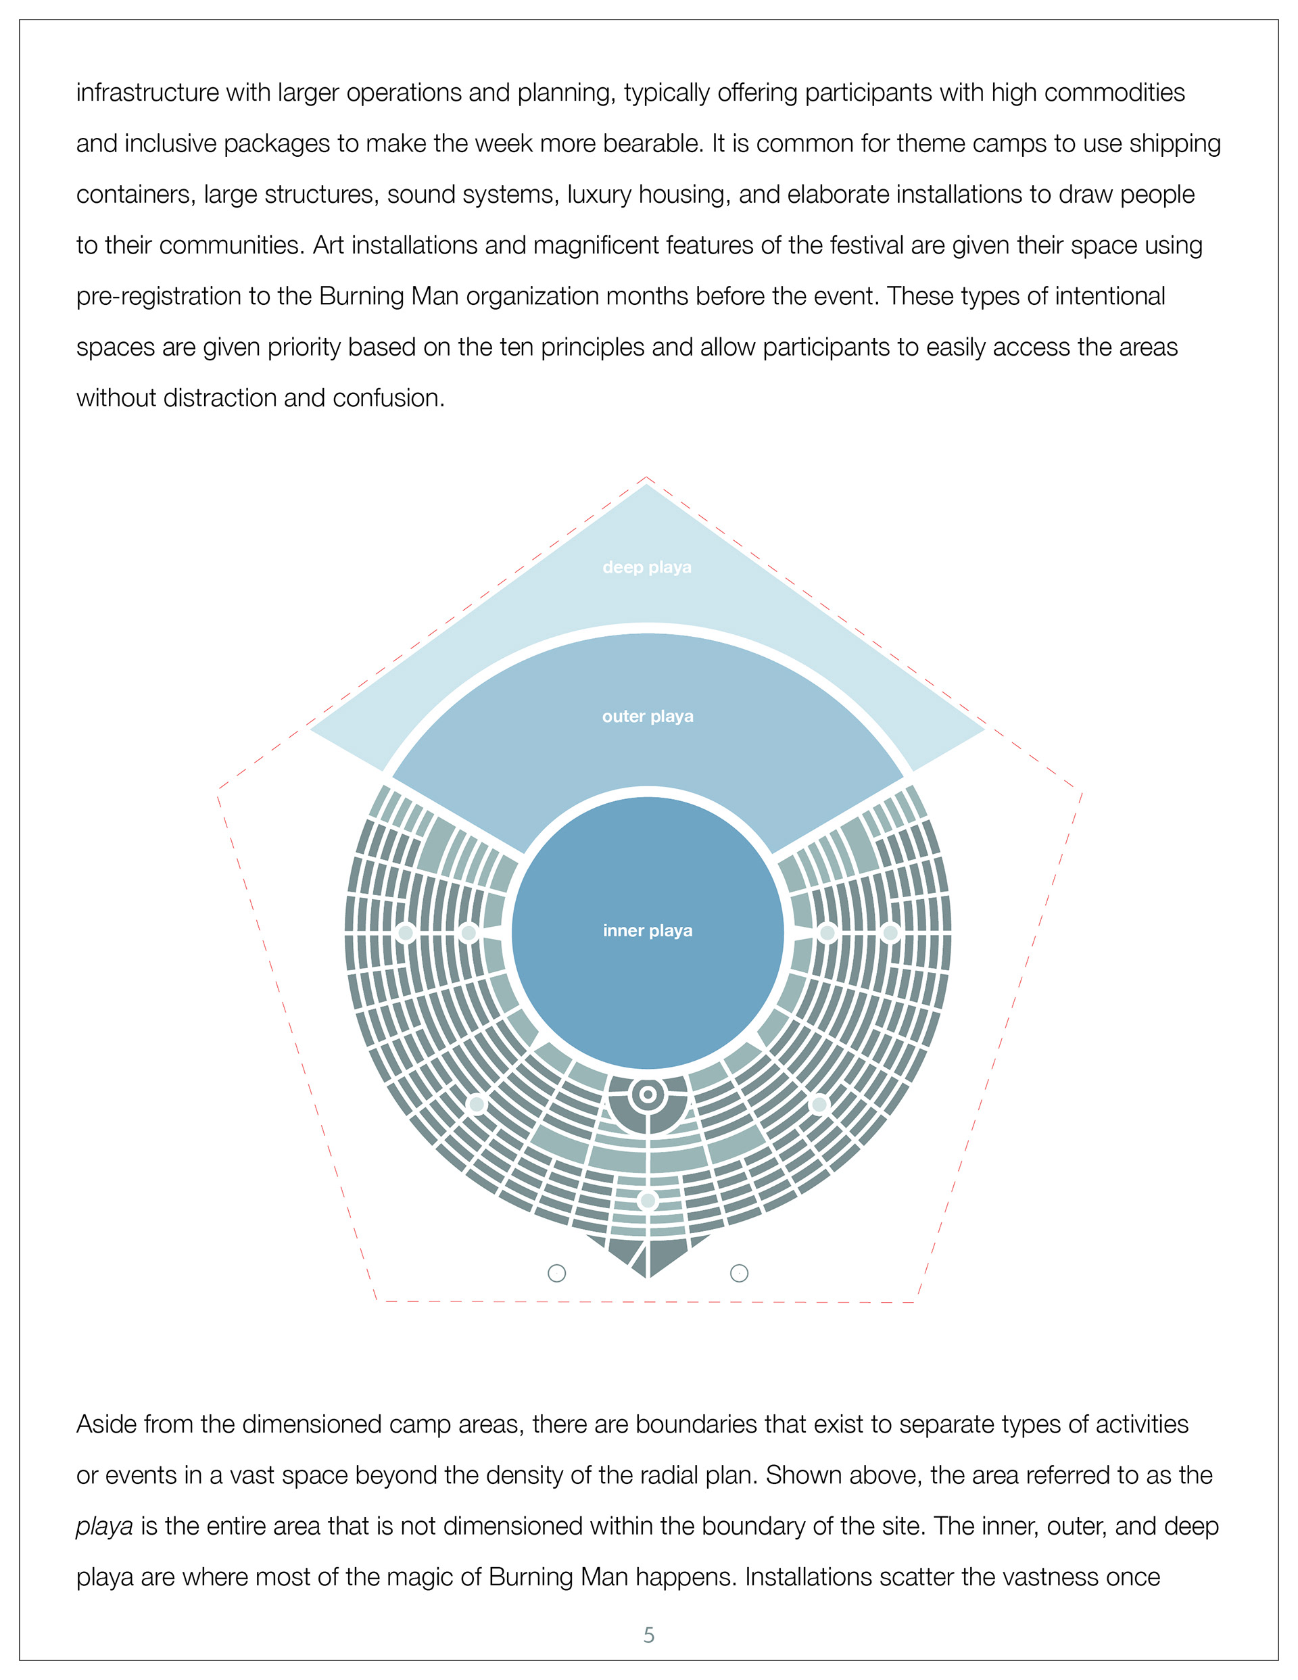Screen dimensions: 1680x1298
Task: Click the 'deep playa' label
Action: [647, 567]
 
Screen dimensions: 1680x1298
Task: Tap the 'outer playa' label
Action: [648, 716]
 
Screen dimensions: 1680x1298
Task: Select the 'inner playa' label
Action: [648, 931]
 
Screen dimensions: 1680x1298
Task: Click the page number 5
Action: [648, 1635]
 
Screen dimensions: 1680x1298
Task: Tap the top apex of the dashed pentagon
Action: [647, 478]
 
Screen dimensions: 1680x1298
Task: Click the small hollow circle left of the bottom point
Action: [557, 1273]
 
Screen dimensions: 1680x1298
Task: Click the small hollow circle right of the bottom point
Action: [739, 1273]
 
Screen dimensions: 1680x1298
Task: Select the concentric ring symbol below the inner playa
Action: [648, 1094]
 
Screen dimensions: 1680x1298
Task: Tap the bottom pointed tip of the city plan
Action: [648, 1278]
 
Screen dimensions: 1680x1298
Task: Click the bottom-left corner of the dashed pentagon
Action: [377, 1301]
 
